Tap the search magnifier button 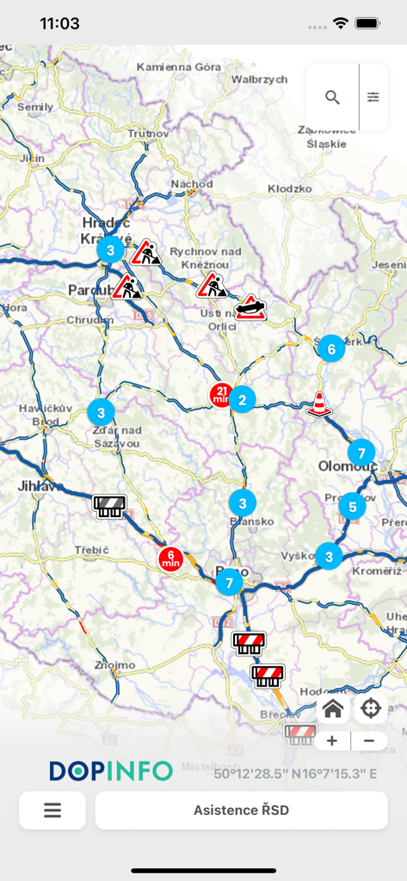(332, 97)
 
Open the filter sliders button (373, 97)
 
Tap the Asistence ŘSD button (241, 810)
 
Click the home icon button (333, 709)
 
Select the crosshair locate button (371, 709)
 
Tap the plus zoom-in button (333, 741)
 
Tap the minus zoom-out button (369, 741)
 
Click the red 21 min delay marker (220, 395)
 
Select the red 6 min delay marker (170, 558)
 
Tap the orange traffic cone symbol (319, 404)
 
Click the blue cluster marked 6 (330, 349)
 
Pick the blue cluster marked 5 (351, 507)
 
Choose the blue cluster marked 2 (243, 399)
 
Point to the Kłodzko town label (289, 188)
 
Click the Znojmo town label (115, 665)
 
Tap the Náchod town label (192, 184)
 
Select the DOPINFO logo (110, 771)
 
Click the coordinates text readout (295, 773)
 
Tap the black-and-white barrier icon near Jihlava (109, 505)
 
